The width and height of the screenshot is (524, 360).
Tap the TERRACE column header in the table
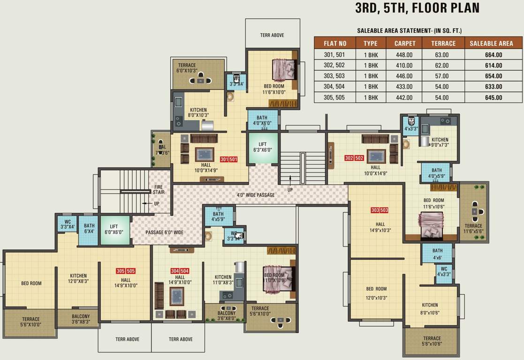443,44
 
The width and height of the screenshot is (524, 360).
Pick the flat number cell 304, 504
335,87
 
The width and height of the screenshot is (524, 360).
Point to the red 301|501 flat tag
229,159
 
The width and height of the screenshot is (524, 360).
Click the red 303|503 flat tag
380,210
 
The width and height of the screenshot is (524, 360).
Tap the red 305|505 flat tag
125,271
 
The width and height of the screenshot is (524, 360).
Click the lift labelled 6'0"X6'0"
115,230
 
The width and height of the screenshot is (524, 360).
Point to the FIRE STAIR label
159,189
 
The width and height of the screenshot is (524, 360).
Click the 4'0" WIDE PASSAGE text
256,195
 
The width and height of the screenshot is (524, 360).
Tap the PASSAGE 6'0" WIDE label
164,232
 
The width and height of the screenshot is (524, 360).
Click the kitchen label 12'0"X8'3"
79,278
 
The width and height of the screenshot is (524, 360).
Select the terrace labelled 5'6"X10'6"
432,341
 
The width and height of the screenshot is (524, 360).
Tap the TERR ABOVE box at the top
272,35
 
